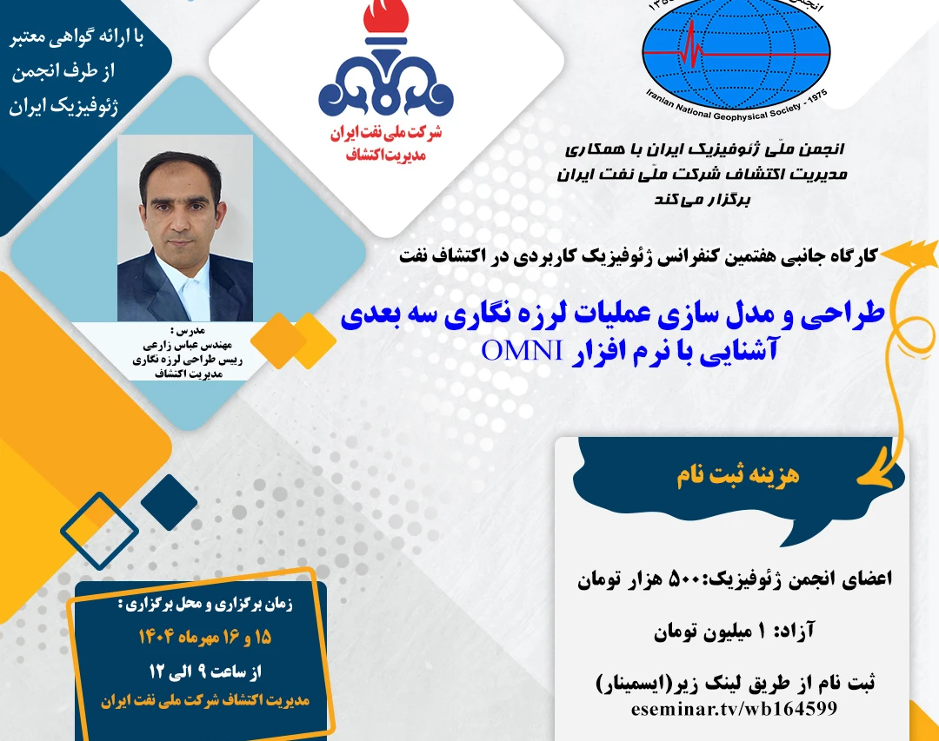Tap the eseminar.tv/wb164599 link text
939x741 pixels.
[x=734, y=708]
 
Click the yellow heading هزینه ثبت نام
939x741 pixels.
[x=738, y=475]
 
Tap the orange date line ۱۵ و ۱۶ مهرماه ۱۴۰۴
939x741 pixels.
[x=205, y=638]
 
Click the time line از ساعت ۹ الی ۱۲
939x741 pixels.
[x=205, y=671]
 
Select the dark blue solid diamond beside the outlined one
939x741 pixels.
[x=169, y=502]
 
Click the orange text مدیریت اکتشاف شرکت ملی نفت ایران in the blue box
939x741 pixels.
[x=205, y=700]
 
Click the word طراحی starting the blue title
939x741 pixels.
[x=843, y=316]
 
